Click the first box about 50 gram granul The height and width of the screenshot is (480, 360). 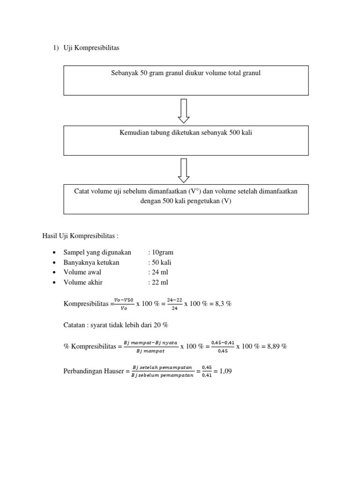click(186, 80)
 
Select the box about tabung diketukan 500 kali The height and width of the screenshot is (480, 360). click(186, 140)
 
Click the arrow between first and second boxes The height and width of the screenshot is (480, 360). click(184, 110)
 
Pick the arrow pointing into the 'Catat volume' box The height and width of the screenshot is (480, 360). click(184, 170)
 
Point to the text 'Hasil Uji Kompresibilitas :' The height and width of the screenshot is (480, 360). click(77, 235)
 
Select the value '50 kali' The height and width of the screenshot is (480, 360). click(160, 262)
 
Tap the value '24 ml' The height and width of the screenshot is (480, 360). click(158, 272)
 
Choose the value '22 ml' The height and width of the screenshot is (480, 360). click(158, 282)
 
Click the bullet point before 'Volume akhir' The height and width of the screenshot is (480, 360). click(55, 283)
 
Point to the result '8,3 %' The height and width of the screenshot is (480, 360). click(222, 304)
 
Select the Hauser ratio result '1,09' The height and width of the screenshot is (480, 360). click(225, 372)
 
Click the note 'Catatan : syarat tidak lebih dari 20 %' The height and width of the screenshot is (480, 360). click(115, 324)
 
